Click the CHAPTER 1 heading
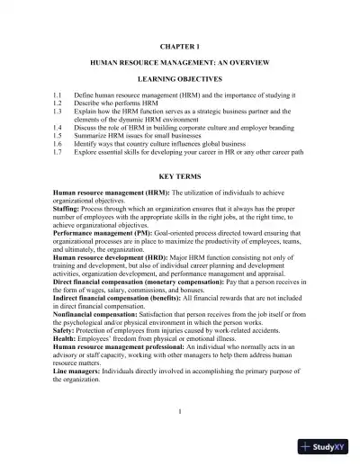tap(179, 44)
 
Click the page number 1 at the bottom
tap(180, 412)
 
